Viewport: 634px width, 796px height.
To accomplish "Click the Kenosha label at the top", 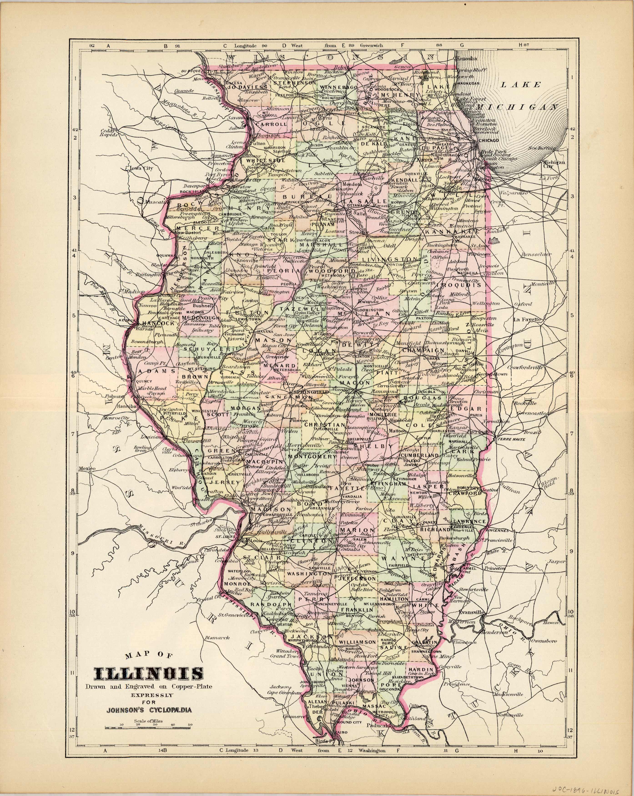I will pos(467,58).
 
